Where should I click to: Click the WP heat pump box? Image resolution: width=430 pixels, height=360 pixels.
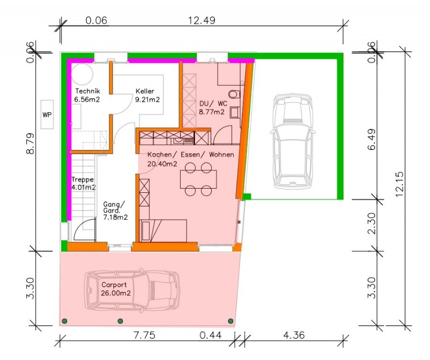tap(47, 114)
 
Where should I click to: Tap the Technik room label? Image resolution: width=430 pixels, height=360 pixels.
tap(87, 95)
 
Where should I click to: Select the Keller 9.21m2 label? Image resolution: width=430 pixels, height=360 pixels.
tap(147, 95)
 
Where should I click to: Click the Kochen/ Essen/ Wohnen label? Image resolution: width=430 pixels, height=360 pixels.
tap(191, 155)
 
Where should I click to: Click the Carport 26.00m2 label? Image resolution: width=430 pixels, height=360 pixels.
tap(116, 289)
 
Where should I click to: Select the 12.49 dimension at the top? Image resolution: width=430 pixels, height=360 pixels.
tap(202, 20)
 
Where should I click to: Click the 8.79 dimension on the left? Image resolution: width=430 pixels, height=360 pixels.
tap(30, 143)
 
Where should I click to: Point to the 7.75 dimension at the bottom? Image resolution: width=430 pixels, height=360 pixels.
tap(144, 335)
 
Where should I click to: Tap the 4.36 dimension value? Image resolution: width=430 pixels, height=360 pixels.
tap(293, 335)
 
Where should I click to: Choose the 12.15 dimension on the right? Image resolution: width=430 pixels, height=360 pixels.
tap(399, 184)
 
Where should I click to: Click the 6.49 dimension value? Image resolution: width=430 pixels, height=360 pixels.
tap(372, 139)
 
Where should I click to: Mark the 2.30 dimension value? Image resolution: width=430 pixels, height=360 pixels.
tap(372, 223)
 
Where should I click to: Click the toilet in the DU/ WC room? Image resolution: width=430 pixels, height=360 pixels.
tap(235, 94)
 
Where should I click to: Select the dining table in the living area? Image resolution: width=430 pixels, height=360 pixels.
tap(198, 179)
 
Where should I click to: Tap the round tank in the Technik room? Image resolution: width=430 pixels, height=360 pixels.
tap(82, 74)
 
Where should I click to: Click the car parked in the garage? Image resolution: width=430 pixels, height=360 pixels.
tap(293, 141)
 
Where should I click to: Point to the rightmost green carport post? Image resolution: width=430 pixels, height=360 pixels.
tap(231, 321)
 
